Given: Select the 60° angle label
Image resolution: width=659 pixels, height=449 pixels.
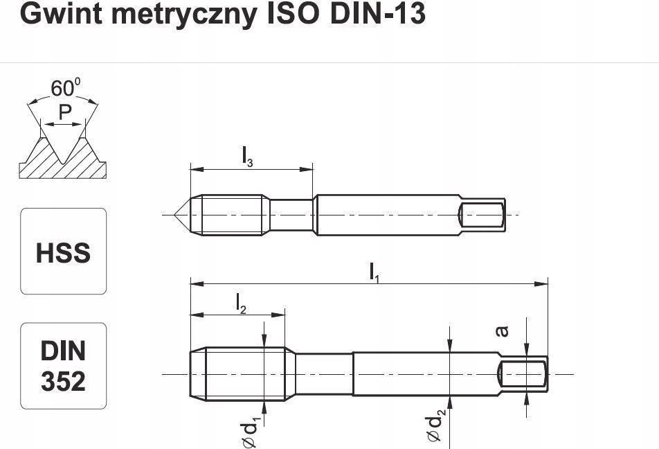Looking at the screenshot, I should [64, 89].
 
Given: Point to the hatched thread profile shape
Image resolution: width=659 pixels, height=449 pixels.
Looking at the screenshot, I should [62, 159].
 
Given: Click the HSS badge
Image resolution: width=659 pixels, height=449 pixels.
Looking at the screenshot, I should [63, 252].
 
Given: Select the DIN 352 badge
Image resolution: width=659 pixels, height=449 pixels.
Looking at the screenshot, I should [63, 366].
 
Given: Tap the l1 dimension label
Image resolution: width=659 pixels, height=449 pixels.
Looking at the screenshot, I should [374, 272].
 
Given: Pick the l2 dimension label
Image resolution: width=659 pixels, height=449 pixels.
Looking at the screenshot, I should [240, 303].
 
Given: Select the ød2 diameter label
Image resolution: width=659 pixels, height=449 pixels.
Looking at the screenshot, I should [435, 426].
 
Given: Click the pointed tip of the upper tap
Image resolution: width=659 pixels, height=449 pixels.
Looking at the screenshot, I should [181, 215].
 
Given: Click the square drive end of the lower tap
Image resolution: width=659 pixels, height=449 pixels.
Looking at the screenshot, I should [524, 374].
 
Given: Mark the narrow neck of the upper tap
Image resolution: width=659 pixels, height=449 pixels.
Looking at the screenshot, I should [291, 215].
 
